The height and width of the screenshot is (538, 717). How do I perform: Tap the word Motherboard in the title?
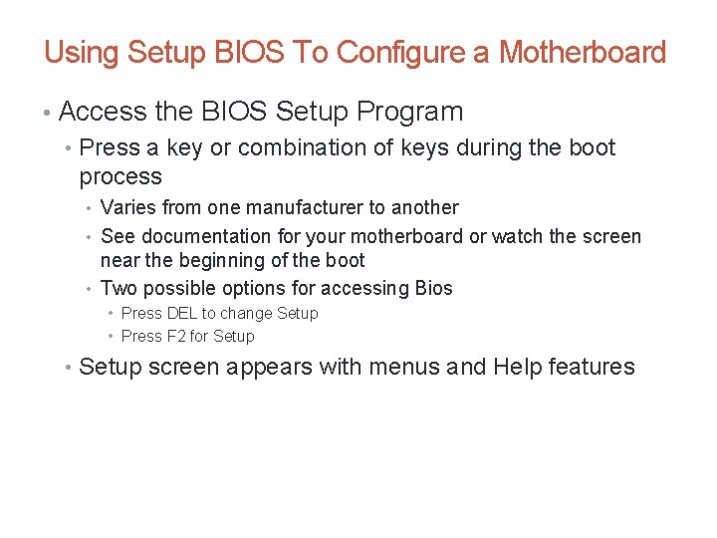tap(582, 52)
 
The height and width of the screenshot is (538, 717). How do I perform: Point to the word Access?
tap(102, 112)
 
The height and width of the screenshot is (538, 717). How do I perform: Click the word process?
tap(120, 177)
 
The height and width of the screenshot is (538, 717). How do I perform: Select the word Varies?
tap(126, 208)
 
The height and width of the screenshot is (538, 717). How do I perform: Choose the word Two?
tap(119, 289)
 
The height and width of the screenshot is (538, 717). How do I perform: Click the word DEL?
tap(181, 314)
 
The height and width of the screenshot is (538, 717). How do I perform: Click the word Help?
tap(517, 367)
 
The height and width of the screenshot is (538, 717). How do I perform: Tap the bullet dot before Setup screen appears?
tap(66, 368)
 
